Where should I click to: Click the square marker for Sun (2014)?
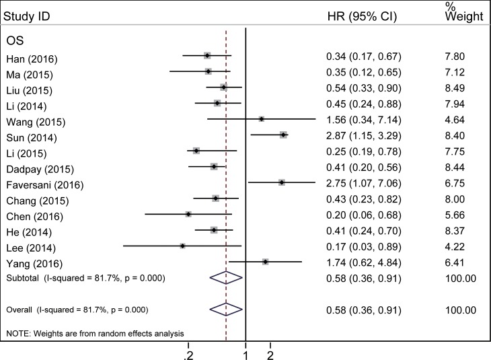(284, 135)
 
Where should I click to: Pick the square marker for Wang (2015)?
(261, 119)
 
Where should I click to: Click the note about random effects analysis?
(94, 334)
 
